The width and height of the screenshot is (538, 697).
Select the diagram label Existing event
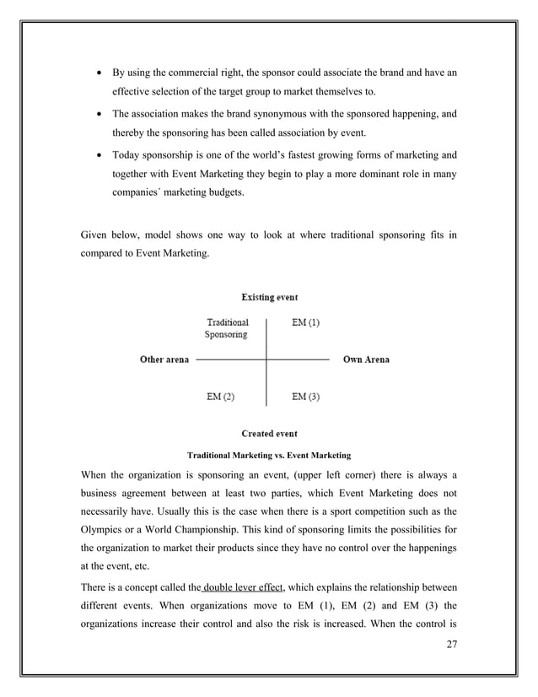269,297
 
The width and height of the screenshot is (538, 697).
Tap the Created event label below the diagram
269,434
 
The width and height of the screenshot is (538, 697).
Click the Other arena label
164,359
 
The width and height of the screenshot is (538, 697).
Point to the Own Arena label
366,359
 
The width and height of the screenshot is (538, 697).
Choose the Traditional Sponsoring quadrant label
227,328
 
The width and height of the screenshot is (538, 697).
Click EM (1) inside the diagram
305,322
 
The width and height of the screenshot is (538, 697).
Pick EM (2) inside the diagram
221,396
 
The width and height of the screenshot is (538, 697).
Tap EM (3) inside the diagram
305,396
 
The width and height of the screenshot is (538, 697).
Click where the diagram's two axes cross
266,359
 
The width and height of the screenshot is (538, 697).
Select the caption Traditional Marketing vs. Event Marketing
268,455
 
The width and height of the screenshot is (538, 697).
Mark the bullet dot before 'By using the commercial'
98,73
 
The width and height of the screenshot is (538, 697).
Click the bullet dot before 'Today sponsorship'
98,155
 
